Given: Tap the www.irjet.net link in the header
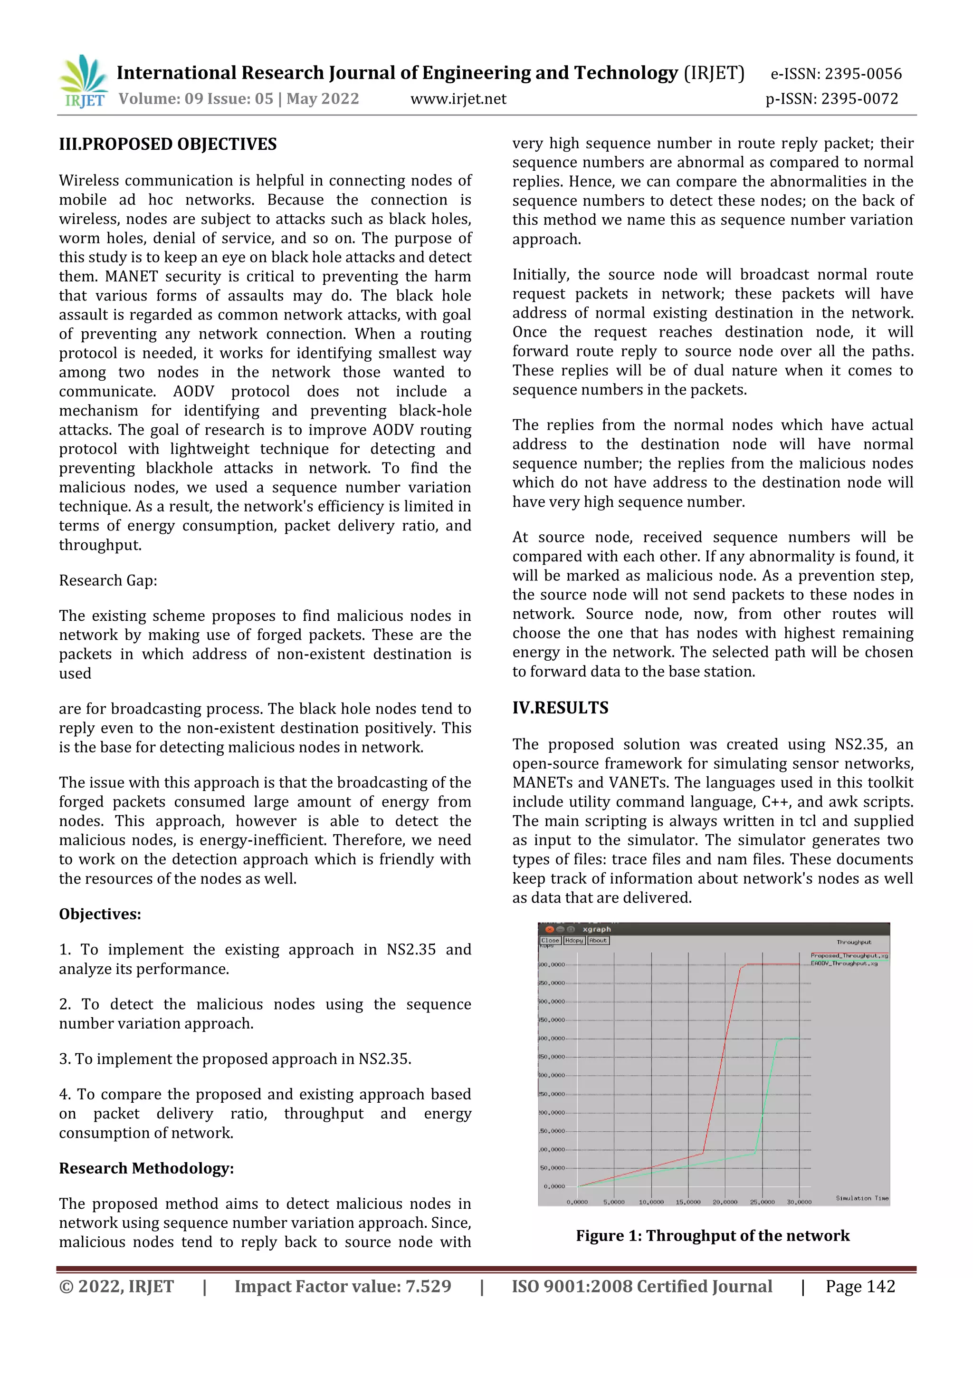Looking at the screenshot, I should coord(458,99).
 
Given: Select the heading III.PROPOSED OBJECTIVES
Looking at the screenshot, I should coord(168,144).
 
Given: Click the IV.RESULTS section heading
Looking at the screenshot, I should coord(560,708).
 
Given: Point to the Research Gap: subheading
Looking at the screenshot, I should coord(108,580).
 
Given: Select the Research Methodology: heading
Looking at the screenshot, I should coord(146,1168).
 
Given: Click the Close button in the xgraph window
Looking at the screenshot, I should coord(550,940).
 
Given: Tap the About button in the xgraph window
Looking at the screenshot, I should coord(598,940).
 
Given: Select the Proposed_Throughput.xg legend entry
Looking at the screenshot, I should coord(849,955).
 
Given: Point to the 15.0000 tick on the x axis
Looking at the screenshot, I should coord(687,1202).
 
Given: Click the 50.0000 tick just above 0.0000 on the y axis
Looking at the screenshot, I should coord(553,1168).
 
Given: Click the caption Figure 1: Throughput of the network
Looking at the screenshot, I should coord(713,1236).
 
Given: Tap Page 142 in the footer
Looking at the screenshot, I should coord(860,1286).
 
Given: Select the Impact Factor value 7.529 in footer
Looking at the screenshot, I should coord(343,1286).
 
